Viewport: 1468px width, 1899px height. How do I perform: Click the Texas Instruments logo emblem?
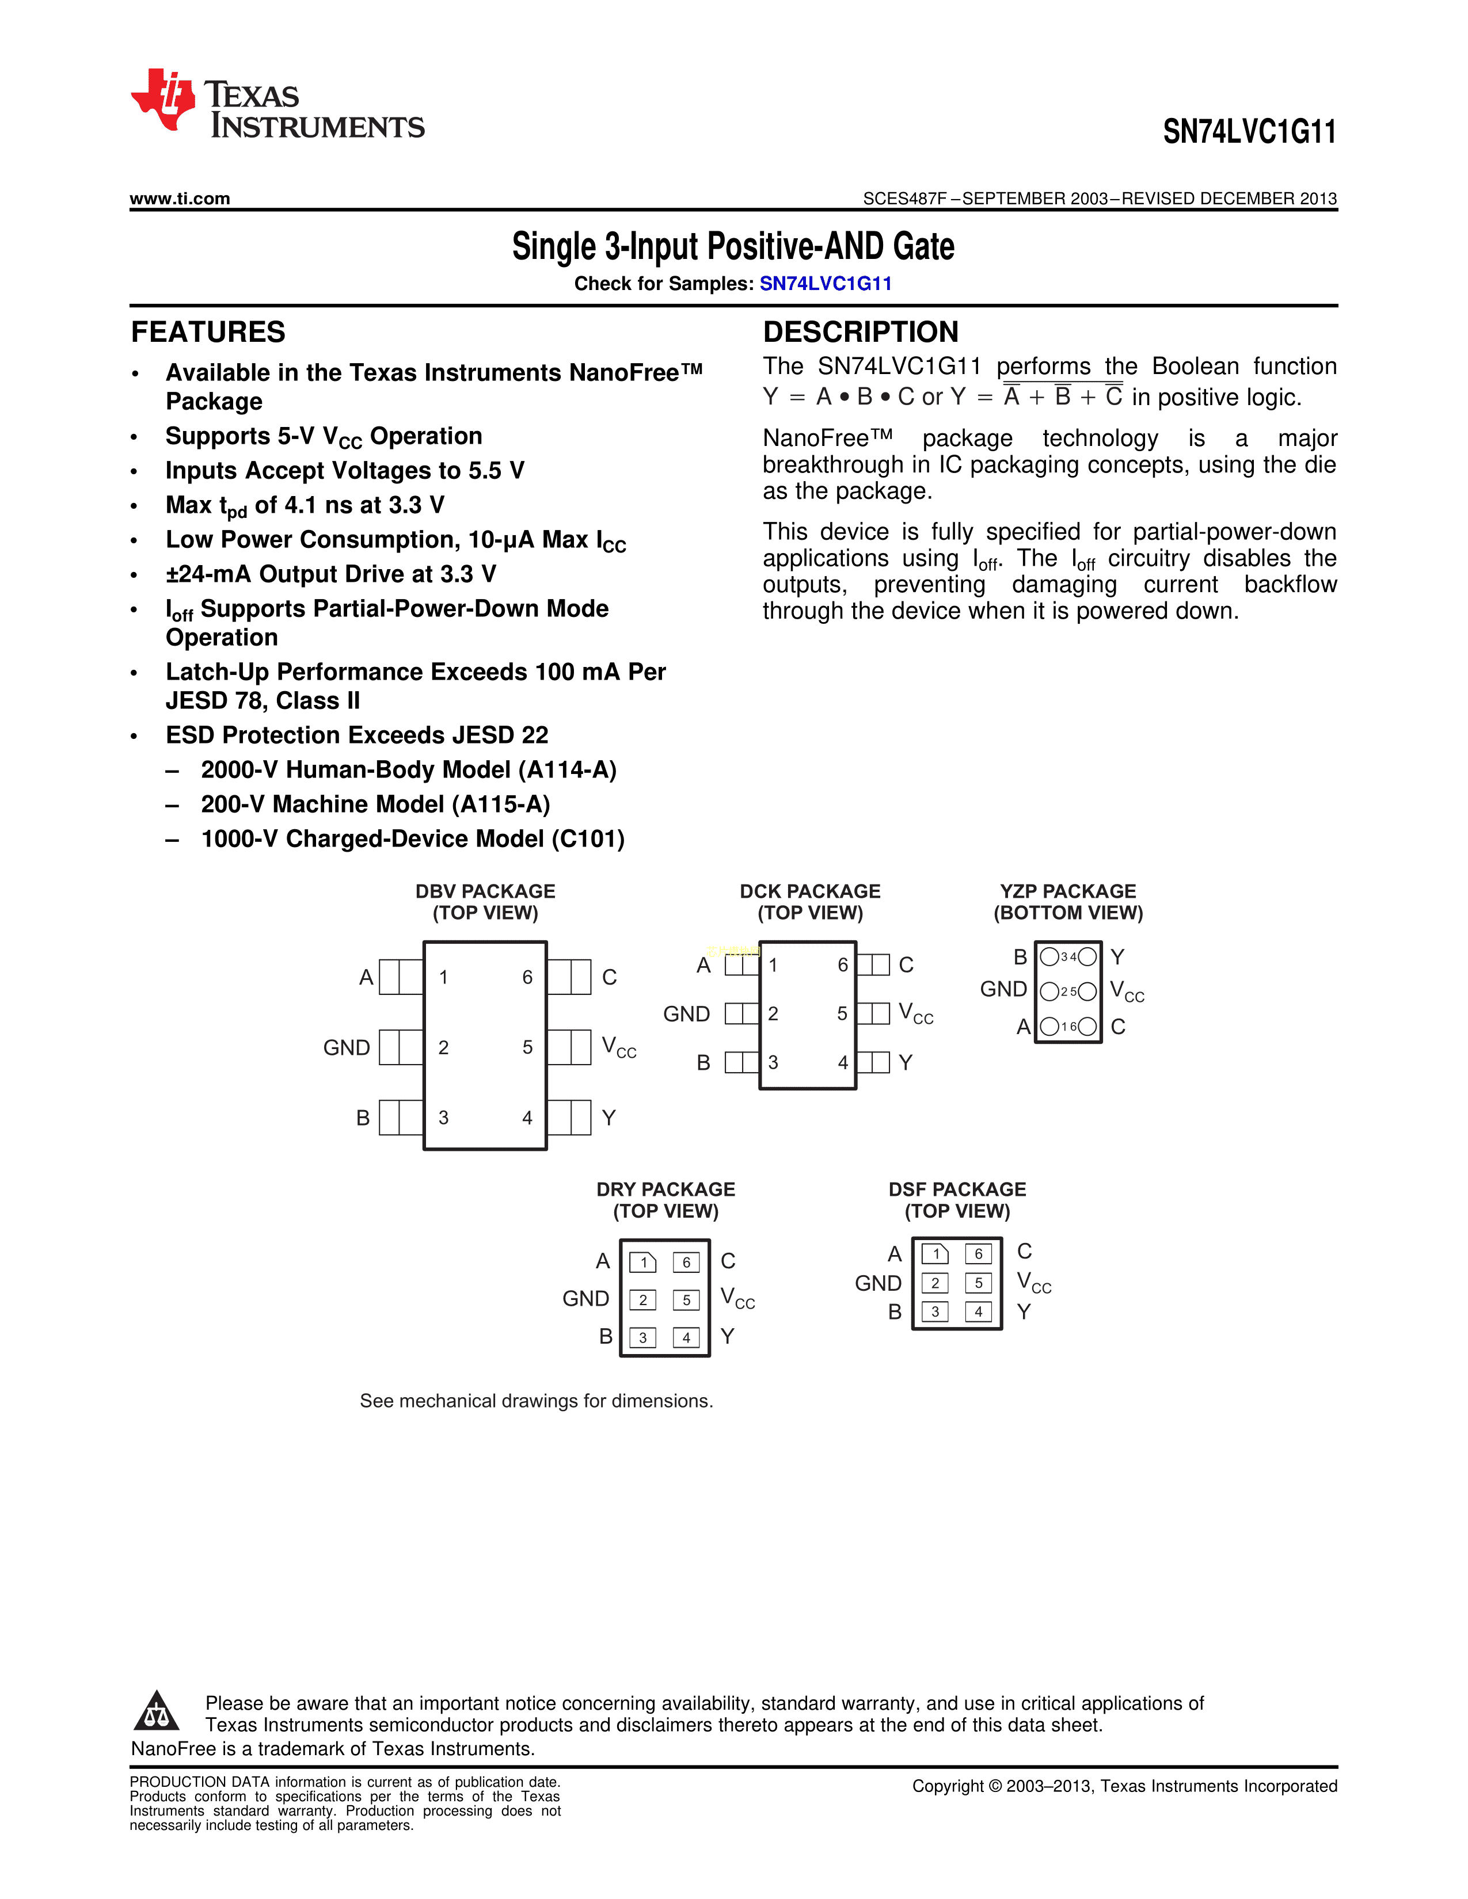pyautogui.click(x=162, y=98)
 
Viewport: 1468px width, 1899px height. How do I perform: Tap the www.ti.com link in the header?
pyautogui.click(x=180, y=199)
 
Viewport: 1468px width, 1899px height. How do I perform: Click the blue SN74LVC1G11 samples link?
pyautogui.click(x=826, y=284)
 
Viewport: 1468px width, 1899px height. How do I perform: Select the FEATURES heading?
pyautogui.click(x=208, y=332)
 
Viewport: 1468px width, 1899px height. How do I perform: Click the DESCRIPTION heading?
pyautogui.click(x=860, y=332)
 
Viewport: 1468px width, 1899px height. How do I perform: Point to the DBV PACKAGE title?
pyautogui.click(x=485, y=891)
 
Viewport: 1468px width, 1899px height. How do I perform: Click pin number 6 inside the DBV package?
pyautogui.click(x=527, y=977)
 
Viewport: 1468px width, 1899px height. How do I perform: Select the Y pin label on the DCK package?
pyautogui.click(x=906, y=1062)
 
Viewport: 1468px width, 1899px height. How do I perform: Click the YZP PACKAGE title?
pyautogui.click(x=1068, y=891)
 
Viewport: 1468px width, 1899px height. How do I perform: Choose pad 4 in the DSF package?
pyautogui.click(x=978, y=1311)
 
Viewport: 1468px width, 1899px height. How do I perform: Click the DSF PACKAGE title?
pyautogui.click(x=957, y=1189)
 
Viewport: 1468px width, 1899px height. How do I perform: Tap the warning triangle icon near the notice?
pyautogui.click(x=157, y=1711)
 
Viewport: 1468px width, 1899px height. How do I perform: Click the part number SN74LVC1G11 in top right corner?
pyautogui.click(x=1249, y=132)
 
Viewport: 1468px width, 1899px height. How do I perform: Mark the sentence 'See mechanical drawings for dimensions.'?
pyautogui.click(x=536, y=1401)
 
